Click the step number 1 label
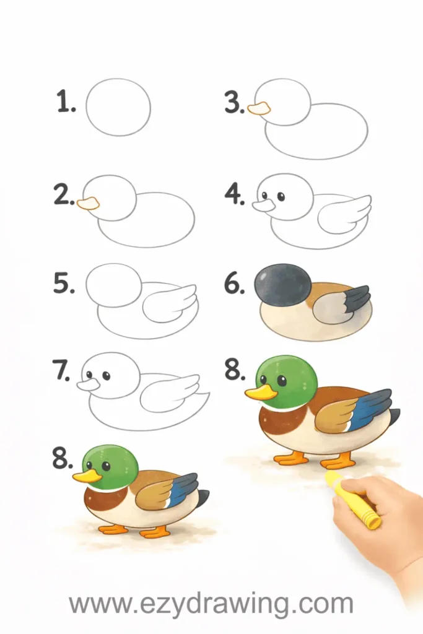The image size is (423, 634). (x=66, y=102)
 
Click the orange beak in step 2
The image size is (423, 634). (x=88, y=203)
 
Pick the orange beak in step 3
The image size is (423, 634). (x=258, y=108)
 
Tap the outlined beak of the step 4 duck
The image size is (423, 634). (x=264, y=206)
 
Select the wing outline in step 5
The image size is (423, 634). (x=169, y=303)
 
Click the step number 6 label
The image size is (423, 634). (x=235, y=284)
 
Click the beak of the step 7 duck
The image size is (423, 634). (x=88, y=384)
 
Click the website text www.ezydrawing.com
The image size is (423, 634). (x=211, y=604)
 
